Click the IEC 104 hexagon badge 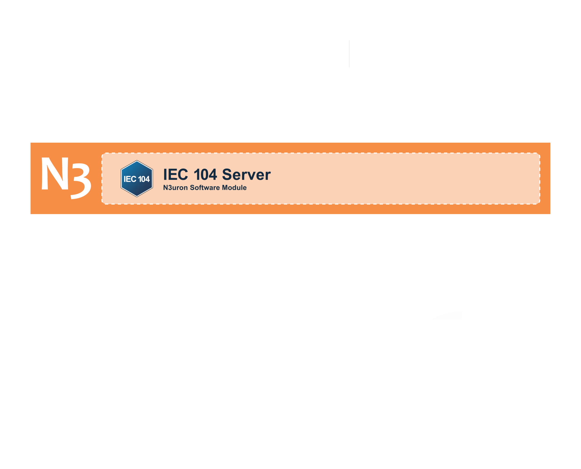pos(137,179)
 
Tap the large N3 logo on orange pos(66,178)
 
